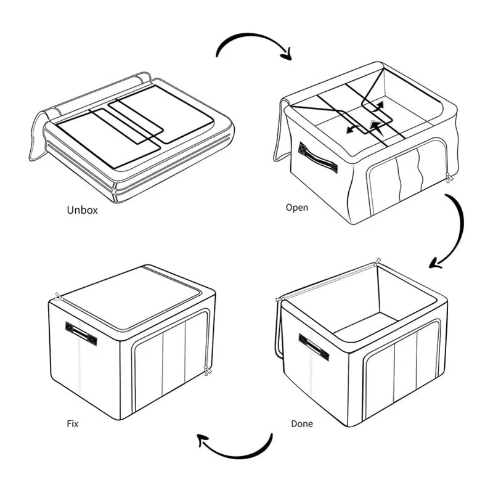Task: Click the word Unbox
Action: click(x=82, y=210)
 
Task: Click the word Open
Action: click(x=297, y=208)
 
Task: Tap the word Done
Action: click(x=302, y=424)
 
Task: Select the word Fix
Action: click(x=72, y=423)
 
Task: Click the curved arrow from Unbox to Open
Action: click(x=251, y=35)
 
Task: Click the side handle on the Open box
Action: click(x=317, y=158)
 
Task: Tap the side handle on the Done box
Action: click(x=314, y=347)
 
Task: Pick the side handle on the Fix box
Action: click(x=81, y=333)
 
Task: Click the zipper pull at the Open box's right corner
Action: click(x=449, y=177)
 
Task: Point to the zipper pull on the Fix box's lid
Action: click(x=58, y=296)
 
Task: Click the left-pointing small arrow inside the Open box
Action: click(x=352, y=129)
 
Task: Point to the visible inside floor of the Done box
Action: click(x=365, y=327)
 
